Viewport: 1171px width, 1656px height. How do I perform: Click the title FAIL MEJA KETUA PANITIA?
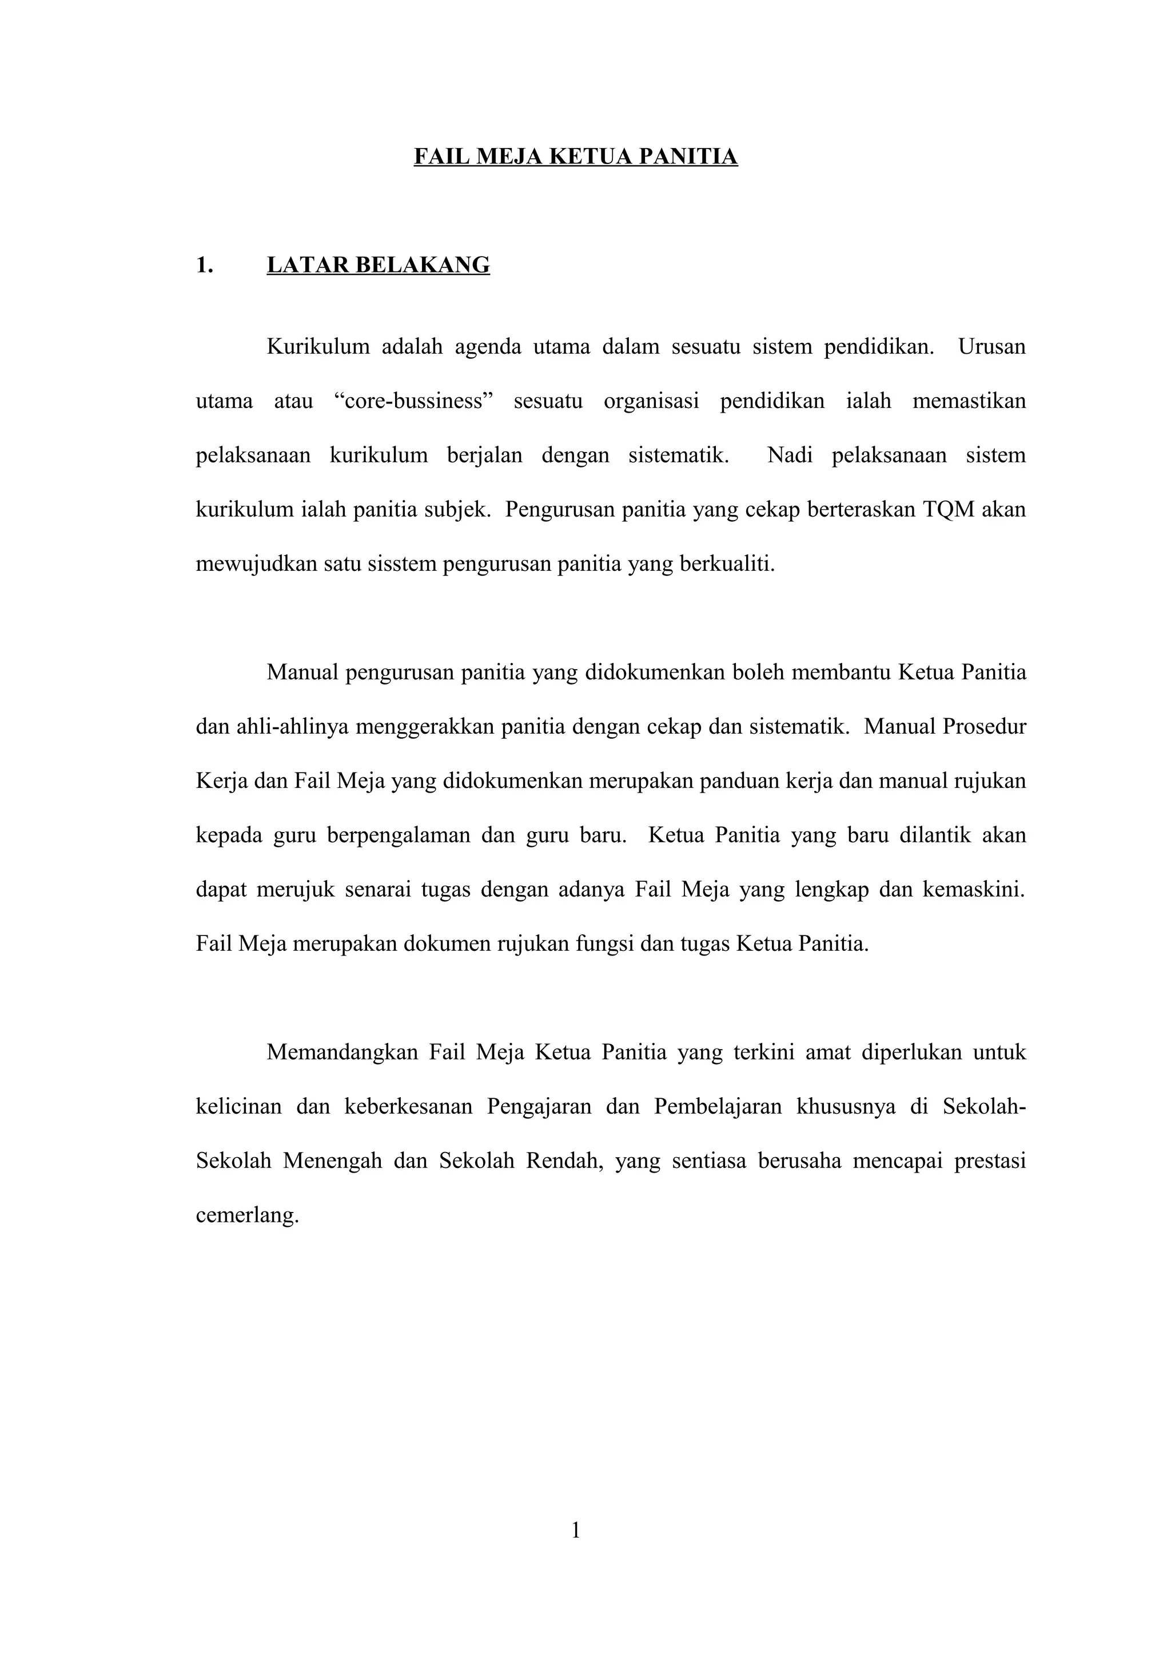click(x=575, y=157)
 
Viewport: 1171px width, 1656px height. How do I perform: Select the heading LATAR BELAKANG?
click(x=378, y=265)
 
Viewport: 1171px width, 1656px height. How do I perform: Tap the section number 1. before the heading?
click(x=204, y=265)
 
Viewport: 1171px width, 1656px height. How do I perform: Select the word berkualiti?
click(x=727, y=563)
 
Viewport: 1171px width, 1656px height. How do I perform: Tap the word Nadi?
click(x=789, y=455)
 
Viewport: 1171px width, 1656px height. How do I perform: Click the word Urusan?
click(x=991, y=347)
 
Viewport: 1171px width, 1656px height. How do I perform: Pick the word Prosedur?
click(x=984, y=726)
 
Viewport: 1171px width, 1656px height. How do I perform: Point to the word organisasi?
click(x=651, y=401)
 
